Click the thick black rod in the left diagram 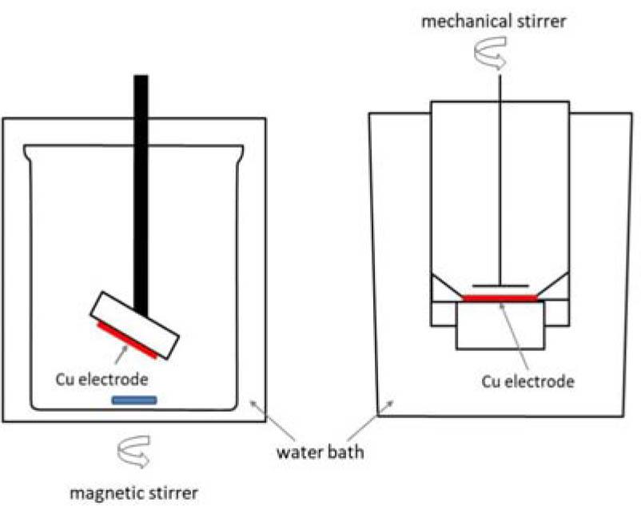(x=141, y=192)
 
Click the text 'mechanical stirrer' (x=493, y=21)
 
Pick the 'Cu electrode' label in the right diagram (x=528, y=381)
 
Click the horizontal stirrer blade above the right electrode (x=500, y=284)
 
